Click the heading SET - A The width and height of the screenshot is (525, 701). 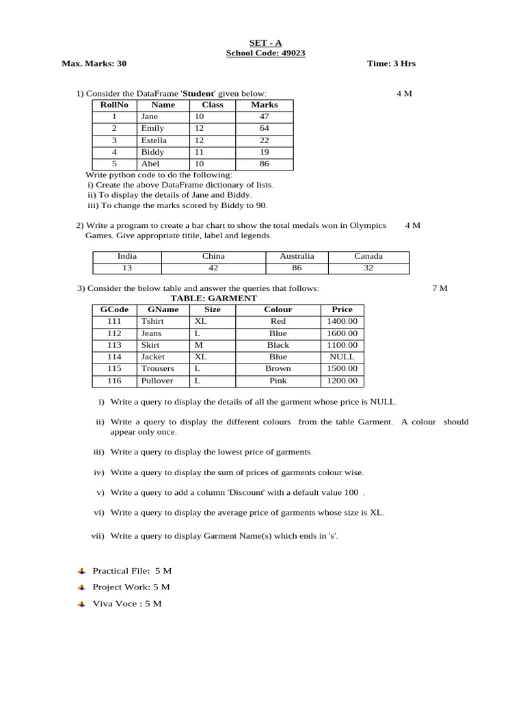tap(262, 42)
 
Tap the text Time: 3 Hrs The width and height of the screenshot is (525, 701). tap(391, 64)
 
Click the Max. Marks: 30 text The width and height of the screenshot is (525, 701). tap(94, 64)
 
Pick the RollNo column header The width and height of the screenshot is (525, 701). tap(114, 105)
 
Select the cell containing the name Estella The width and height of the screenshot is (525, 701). tap(154, 140)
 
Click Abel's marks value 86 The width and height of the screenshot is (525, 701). tap(264, 164)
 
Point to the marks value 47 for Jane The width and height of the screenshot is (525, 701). tap(264, 117)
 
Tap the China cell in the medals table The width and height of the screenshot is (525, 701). tap(213, 257)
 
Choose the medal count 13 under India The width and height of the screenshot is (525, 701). tap(127, 268)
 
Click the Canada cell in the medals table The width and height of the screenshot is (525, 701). tap(368, 257)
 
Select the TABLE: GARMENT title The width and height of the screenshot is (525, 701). tap(213, 298)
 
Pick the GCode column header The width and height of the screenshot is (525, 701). tap(114, 309)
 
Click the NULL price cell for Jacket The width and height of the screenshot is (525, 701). tap(342, 357)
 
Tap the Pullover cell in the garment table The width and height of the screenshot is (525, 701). tap(157, 381)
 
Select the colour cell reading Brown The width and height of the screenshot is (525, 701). tap(278, 369)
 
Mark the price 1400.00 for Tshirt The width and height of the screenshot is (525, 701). tap(342, 322)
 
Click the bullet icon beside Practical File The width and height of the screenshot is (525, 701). tap(81, 570)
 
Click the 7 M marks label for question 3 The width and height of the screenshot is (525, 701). tap(440, 288)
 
